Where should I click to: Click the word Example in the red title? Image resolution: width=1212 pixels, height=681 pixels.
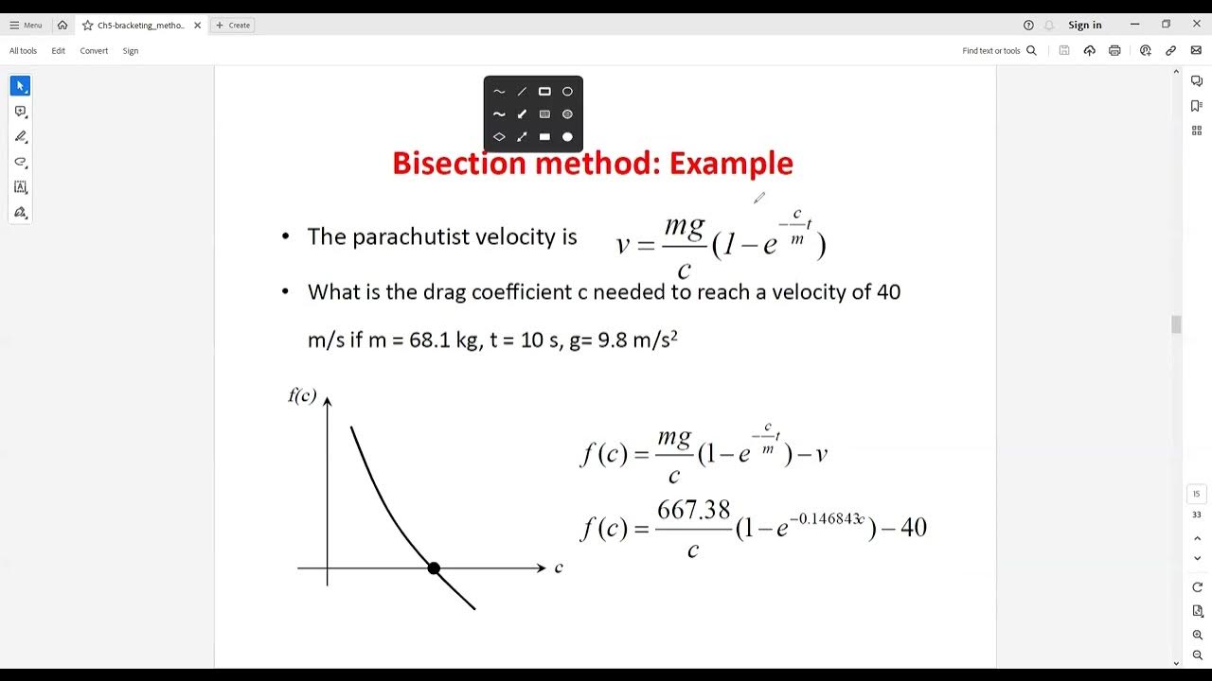[x=731, y=164]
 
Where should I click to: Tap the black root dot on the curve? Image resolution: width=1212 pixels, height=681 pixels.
[x=434, y=568]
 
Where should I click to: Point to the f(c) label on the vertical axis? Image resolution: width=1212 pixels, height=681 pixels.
[x=302, y=395]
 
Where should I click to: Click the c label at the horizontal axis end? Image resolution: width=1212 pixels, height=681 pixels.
[x=559, y=567]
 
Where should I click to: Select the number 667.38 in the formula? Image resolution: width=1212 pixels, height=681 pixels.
[x=694, y=511]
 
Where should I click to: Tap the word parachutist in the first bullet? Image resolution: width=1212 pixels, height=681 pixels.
[x=408, y=236]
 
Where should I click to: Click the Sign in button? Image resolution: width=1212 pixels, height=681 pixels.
[x=1084, y=26]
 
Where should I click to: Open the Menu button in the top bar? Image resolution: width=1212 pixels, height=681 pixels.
[x=26, y=26]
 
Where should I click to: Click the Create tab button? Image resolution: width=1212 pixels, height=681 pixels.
[x=233, y=26]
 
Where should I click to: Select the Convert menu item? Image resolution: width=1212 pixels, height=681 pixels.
[x=94, y=51]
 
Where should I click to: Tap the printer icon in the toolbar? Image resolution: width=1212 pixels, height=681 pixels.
[x=1114, y=51]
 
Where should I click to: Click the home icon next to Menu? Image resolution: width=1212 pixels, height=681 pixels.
[x=62, y=26]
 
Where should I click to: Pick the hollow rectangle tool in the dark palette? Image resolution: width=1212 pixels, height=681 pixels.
[x=544, y=92]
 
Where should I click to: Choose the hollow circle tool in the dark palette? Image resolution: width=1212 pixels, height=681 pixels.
[x=567, y=92]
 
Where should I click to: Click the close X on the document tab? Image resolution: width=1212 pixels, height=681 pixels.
[x=198, y=26]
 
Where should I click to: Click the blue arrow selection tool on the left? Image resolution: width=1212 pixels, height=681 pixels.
[x=20, y=86]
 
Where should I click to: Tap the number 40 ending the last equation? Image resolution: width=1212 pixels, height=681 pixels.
[x=913, y=528]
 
